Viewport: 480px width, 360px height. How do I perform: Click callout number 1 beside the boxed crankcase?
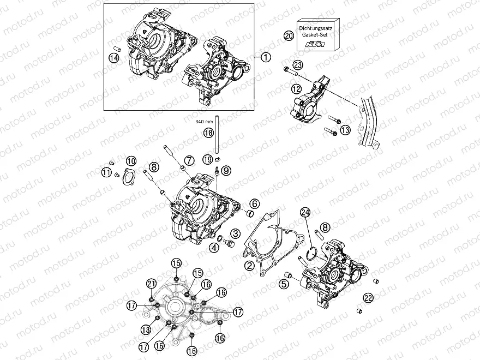(x=265, y=57)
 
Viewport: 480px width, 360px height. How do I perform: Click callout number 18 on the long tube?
(x=208, y=133)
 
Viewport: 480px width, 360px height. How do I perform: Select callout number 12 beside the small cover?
(x=296, y=88)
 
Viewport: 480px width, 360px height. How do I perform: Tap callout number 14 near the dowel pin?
(x=114, y=59)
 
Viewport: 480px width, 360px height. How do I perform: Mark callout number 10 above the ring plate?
(x=131, y=161)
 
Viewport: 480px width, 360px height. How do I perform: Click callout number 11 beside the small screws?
(x=106, y=172)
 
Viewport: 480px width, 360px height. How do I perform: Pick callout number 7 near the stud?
(x=189, y=160)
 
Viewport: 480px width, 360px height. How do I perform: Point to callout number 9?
(x=226, y=170)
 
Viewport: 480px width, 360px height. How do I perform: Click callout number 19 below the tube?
(x=207, y=159)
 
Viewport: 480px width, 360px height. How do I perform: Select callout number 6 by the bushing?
(x=254, y=204)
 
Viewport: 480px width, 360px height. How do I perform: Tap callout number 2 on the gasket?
(x=249, y=266)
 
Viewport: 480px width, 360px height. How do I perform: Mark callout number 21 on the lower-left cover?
(x=151, y=283)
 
